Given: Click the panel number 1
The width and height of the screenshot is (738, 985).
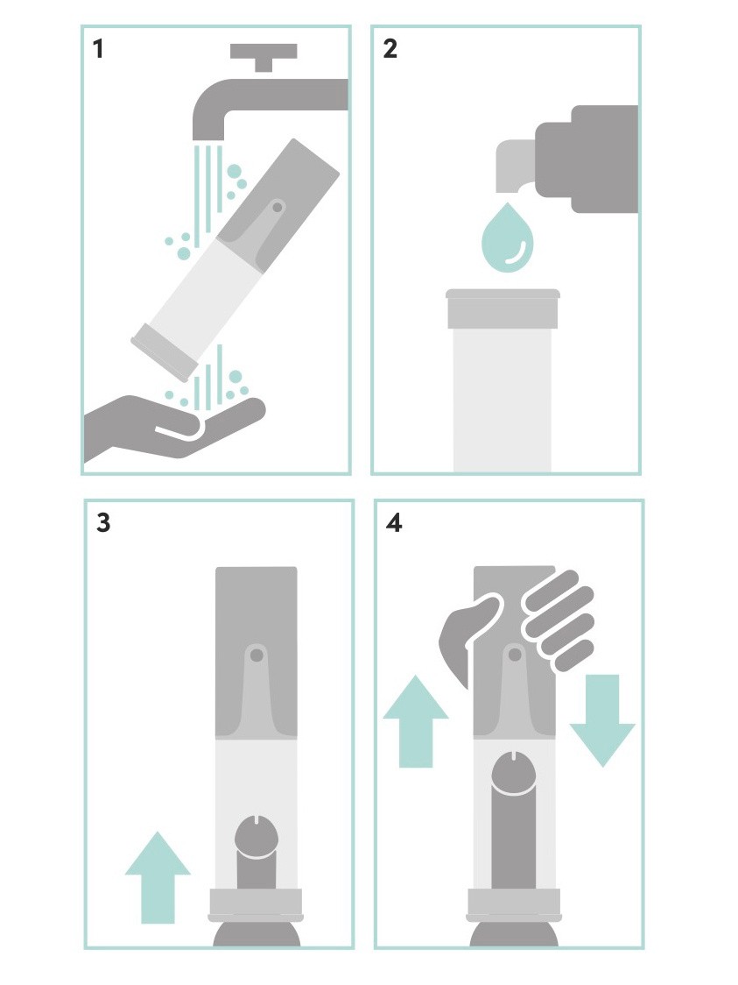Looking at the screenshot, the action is click(x=97, y=48).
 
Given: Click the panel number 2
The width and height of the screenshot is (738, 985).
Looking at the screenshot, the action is click(x=390, y=48).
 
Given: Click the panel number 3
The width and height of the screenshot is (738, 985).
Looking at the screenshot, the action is click(x=103, y=522).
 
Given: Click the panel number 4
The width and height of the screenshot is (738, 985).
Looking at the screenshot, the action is click(x=394, y=522).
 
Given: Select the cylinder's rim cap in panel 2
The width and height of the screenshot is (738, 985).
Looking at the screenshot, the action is click(x=503, y=308).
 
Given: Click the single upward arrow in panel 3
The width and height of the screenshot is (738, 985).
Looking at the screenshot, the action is click(x=158, y=877).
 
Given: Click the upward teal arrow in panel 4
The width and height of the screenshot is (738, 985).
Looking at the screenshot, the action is click(x=416, y=720).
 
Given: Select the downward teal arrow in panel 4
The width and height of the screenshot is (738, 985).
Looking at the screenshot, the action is click(x=602, y=720).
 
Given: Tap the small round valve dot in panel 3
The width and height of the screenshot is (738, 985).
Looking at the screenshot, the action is click(x=256, y=655).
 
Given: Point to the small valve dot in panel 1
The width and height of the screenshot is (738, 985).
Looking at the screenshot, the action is click(x=277, y=208).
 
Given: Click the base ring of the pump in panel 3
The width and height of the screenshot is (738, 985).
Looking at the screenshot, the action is click(x=256, y=903).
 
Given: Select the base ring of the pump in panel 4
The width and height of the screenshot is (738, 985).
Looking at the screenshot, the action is click(x=514, y=903).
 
